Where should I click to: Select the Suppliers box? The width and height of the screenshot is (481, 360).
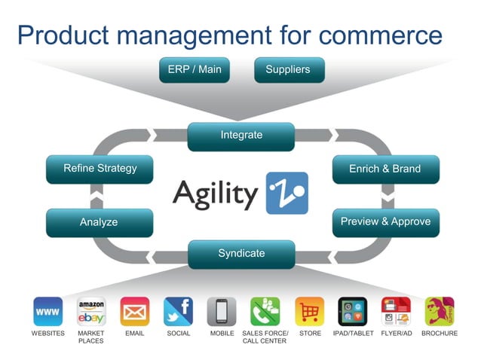pyautogui.click(x=287, y=70)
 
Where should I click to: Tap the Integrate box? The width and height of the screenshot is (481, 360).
pyautogui.click(x=241, y=136)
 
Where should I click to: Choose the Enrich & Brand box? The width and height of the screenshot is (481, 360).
pyautogui.click(x=384, y=169)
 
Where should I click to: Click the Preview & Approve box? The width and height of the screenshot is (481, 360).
pyautogui.click(x=385, y=222)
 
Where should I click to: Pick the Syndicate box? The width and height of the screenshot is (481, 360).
pyautogui.click(x=241, y=254)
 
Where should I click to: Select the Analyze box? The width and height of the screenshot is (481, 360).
pyautogui.click(x=99, y=223)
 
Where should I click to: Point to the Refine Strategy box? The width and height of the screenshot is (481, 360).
pyautogui.click(x=99, y=169)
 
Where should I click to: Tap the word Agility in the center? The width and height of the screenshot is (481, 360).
pyautogui.click(x=215, y=194)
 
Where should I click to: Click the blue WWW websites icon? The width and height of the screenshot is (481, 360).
pyautogui.click(x=48, y=311)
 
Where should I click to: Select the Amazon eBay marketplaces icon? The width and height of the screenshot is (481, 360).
pyautogui.click(x=91, y=311)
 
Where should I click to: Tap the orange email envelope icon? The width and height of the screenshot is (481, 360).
pyautogui.click(x=135, y=311)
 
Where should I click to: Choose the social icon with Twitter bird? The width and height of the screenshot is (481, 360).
pyautogui.click(x=178, y=311)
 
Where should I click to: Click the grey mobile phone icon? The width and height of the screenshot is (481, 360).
pyautogui.click(x=222, y=311)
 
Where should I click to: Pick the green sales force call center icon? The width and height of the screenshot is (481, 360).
pyautogui.click(x=265, y=311)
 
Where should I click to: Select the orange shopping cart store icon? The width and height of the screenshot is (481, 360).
pyautogui.click(x=309, y=311)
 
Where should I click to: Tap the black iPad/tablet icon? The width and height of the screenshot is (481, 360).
pyautogui.click(x=352, y=311)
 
